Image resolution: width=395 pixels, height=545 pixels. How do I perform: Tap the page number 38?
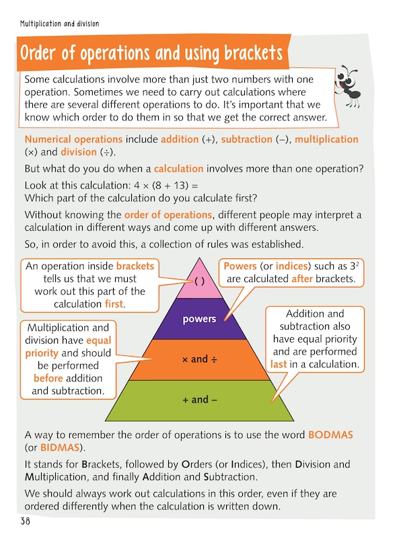(26, 521)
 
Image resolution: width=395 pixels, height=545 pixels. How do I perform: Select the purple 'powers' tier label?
(199, 318)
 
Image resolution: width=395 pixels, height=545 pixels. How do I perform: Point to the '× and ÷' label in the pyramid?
(199, 359)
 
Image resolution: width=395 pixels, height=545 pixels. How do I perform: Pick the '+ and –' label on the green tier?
(200, 400)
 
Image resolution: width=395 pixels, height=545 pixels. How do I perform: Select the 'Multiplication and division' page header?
(59, 24)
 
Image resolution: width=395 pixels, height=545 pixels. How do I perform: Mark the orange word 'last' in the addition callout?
(279, 364)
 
